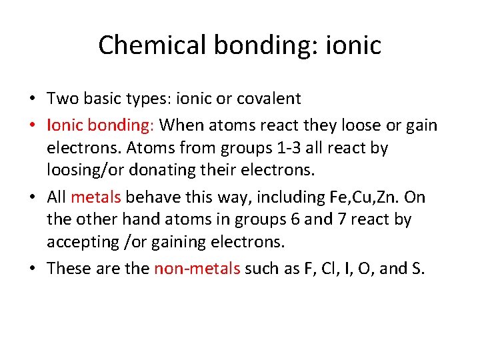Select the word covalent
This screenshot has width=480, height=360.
(268, 99)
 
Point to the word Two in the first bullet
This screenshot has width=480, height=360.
(62, 99)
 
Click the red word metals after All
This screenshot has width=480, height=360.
(96, 197)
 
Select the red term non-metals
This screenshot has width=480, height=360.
(197, 269)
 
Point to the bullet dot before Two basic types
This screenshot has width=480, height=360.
(32, 100)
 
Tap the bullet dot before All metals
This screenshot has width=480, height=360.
(32, 197)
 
